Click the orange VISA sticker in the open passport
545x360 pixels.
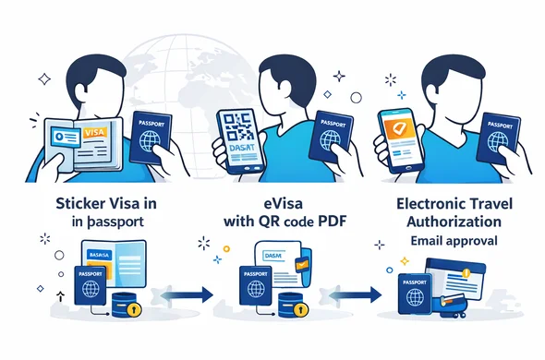point(94,133)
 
